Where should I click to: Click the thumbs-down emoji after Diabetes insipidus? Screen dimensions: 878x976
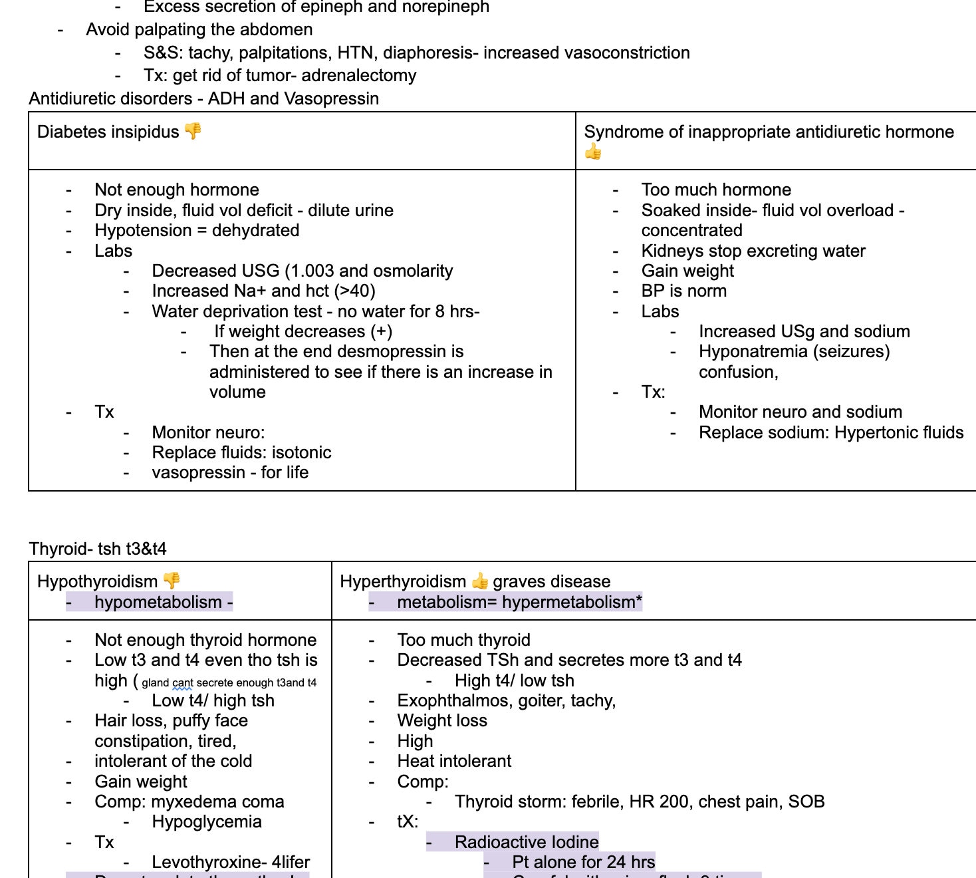coord(193,131)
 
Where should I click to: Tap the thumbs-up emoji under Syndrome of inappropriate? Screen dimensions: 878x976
coord(593,152)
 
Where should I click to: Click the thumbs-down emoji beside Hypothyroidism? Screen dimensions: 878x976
coord(172,581)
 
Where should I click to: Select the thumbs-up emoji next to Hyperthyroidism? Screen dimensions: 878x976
coord(479,581)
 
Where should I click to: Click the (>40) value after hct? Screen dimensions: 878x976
coord(354,291)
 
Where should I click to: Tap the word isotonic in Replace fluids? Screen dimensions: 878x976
coord(301,453)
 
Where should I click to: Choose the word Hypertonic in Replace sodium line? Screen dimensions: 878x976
coord(876,433)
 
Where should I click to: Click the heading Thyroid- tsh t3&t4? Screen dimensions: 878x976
coord(98,549)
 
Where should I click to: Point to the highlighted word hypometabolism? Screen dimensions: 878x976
coord(158,602)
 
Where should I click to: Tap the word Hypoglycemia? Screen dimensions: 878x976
coord(207,822)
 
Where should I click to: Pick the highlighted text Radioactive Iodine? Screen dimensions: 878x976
coord(527,843)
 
